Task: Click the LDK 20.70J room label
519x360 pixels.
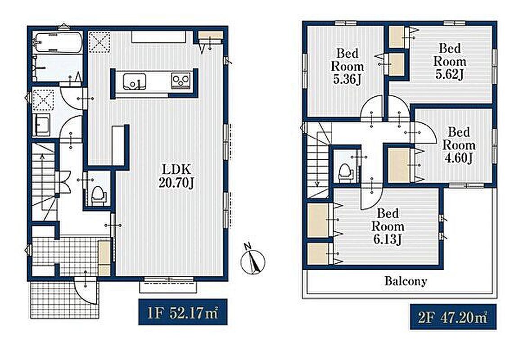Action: click(x=176, y=176)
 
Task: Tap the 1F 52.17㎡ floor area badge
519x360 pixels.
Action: click(x=183, y=312)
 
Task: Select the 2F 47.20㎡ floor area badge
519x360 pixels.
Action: click(x=453, y=317)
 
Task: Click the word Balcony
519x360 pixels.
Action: click(x=406, y=281)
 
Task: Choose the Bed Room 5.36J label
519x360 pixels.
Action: click(x=347, y=66)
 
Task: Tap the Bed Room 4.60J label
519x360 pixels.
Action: click(x=459, y=145)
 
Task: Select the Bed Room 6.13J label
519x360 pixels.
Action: click(x=388, y=227)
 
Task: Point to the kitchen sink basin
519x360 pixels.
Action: click(x=135, y=81)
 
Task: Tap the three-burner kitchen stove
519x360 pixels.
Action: click(x=181, y=81)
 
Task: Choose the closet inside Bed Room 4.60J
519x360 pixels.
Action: click(x=399, y=165)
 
